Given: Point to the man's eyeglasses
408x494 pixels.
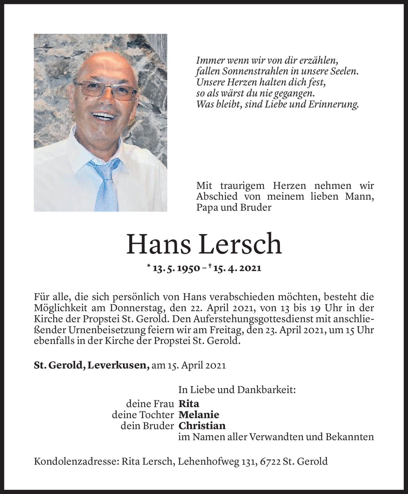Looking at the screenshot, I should pos(105,90).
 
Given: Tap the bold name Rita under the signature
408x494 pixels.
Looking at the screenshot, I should pos(189,404).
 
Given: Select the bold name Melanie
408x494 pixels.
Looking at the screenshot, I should pos(199,415).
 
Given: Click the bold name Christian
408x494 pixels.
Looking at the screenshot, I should pos(202,425).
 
